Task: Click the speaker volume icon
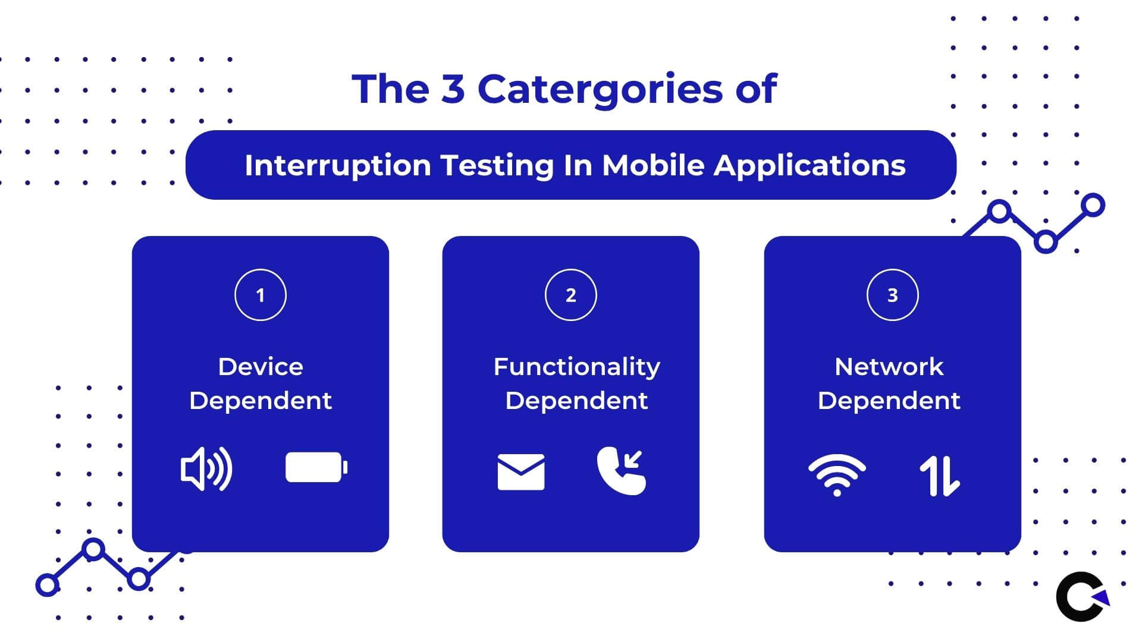point(206,469)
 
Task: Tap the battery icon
point(316,467)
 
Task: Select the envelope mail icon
point(521,472)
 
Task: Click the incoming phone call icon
point(622,471)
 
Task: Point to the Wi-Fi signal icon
point(837,475)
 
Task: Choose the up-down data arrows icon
point(940,476)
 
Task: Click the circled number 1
point(261,295)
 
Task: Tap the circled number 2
point(571,295)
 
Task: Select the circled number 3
point(893,295)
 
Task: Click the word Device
point(261,367)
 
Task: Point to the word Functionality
point(577,367)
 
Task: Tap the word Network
point(889,367)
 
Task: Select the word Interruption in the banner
point(338,165)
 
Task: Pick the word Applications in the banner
point(810,165)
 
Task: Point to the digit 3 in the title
point(453,89)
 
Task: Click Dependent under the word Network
point(889,401)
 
